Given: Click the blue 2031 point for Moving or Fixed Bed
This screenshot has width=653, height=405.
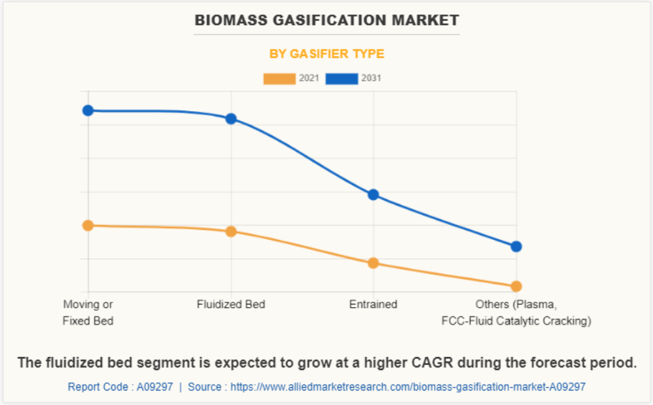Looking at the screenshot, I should pos(87,110).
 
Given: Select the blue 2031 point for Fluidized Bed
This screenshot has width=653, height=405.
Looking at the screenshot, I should pos(231,119).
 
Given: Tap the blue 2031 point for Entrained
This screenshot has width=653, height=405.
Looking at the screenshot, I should pos(373,195).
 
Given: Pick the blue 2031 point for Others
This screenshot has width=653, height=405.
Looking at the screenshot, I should pos(516,247).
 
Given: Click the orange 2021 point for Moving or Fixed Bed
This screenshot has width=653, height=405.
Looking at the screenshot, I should pos(87,226).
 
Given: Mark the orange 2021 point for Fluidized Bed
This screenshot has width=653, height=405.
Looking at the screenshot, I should pos(231,231).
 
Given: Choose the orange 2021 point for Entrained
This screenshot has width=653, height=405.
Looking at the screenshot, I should pos(373,263).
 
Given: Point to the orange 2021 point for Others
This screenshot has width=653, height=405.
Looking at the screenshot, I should pos(516,286).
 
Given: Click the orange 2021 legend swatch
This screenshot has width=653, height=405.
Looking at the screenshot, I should pos(279,79).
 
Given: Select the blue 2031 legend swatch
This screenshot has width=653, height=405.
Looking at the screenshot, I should pos(342,79).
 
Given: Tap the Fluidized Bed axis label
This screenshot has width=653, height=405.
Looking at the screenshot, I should pos(231,304).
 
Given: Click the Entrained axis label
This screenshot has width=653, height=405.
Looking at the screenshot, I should pos(373,304).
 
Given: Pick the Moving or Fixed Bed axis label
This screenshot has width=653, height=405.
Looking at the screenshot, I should pos(88,313).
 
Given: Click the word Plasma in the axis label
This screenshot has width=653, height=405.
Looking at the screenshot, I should pos(536,304).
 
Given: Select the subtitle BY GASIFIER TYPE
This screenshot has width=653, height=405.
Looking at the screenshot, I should pos(327,54).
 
